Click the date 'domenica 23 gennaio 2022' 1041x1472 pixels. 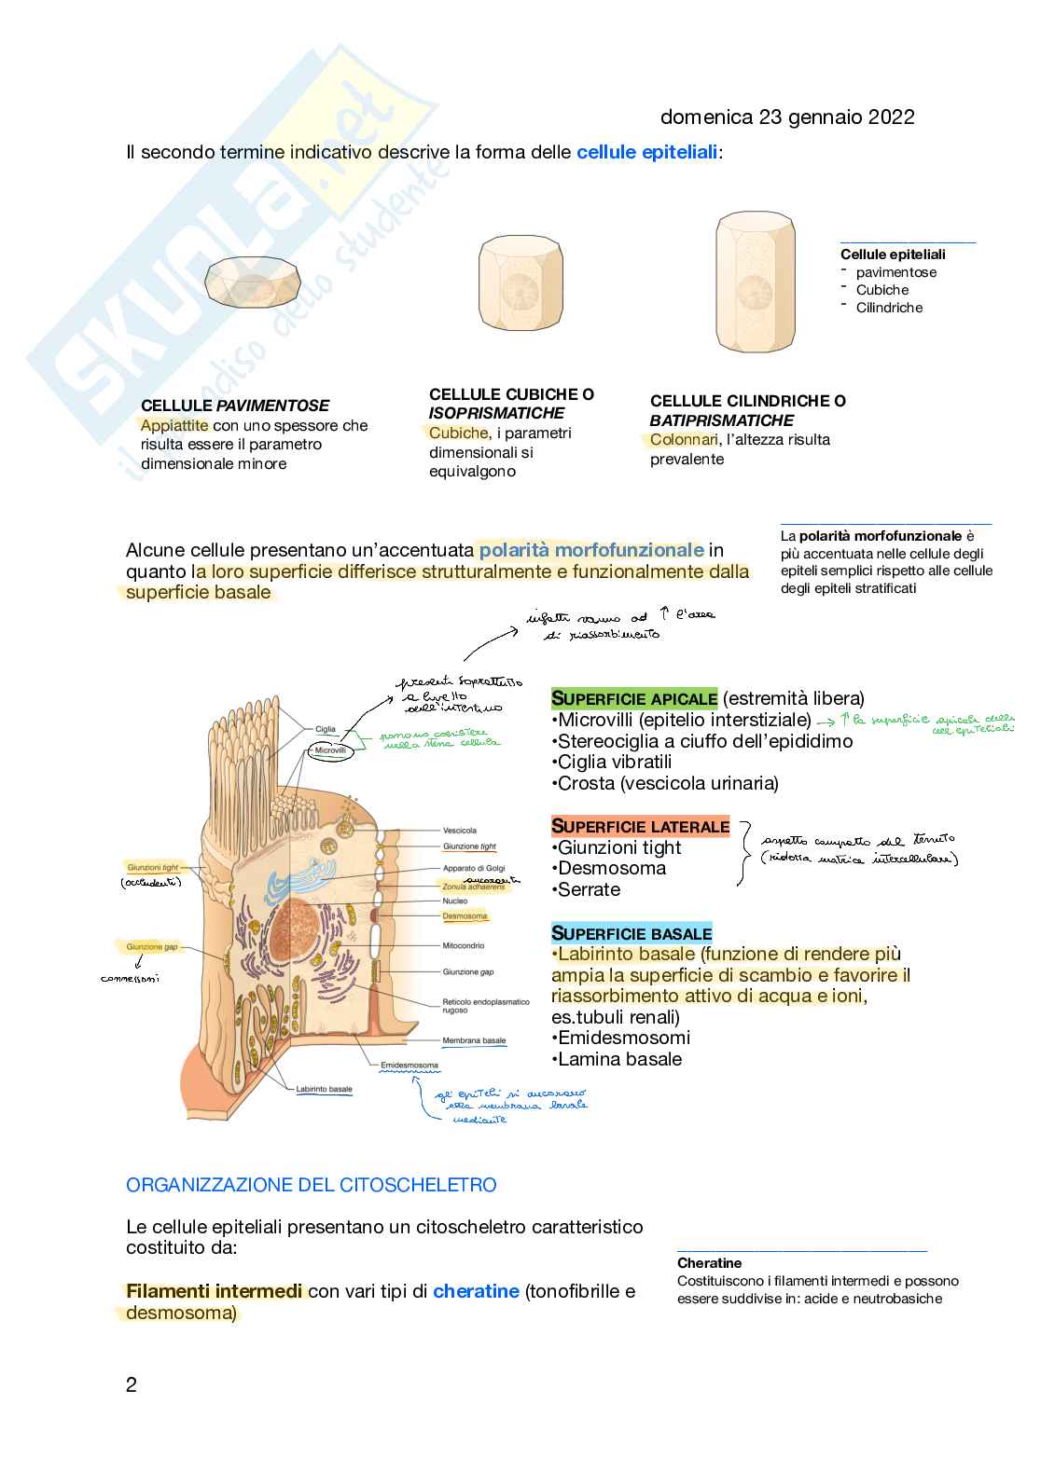point(786,117)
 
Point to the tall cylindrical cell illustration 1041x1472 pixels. point(755,282)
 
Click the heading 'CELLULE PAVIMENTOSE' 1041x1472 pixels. point(235,406)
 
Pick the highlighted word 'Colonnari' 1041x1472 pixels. point(684,440)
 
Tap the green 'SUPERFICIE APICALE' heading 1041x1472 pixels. point(634,698)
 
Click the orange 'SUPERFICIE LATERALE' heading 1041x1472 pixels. point(640,827)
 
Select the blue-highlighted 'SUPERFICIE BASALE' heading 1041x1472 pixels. point(632,933)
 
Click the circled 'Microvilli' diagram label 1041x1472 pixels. point(330,750)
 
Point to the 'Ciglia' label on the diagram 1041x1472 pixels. point(326,729)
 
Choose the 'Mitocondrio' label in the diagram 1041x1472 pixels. point(464,945)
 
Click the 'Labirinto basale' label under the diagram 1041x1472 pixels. point(324,1089)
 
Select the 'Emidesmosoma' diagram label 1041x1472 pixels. point(409,1066)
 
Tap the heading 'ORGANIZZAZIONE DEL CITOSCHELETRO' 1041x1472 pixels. point(312,1185)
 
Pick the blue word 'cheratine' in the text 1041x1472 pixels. point(476,1291)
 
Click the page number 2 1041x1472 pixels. point(132,1384)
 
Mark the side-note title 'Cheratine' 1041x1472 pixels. point(710,1263)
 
